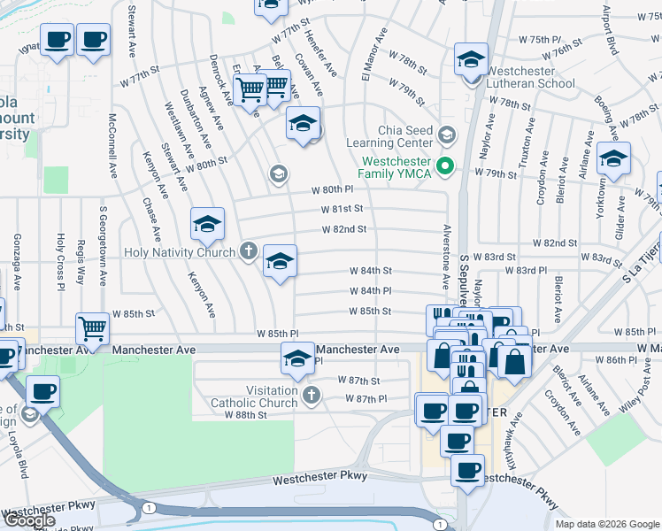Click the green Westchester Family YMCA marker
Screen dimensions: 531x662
(447, 165)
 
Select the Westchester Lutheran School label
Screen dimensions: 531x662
(529, 78)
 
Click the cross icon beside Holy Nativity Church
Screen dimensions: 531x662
(249, 252)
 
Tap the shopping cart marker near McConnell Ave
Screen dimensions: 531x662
(92, 329)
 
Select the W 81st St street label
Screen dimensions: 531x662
(343, 209)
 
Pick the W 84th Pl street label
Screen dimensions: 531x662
(370, 290)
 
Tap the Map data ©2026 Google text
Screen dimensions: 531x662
(607, 524)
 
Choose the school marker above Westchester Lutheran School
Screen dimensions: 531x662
(472, 60)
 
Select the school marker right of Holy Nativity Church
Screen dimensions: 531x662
(280, 262)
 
